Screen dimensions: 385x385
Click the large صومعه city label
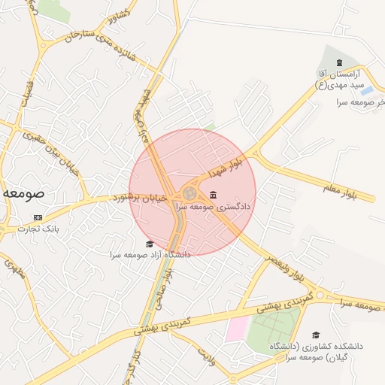(23, 192)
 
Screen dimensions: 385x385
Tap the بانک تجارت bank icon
(38, 217)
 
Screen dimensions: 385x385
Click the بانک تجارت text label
(38, 228)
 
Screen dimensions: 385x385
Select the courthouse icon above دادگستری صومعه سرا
(214, 196)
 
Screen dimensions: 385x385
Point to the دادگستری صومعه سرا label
(214, 205)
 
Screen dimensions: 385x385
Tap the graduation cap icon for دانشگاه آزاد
(150, 244)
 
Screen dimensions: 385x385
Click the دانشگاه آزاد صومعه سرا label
(150, 255)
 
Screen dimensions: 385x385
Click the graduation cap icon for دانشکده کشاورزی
(316, 334)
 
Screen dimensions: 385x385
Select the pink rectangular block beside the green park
(237, 329)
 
